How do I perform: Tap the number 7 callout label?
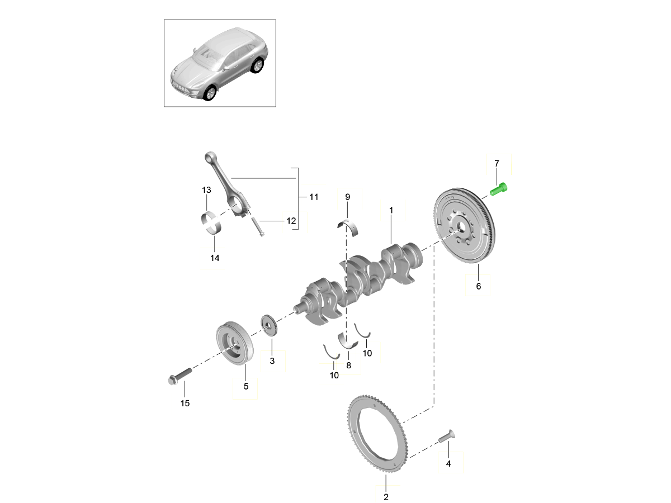click(496, 163)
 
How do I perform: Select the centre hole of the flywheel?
click(460, 226)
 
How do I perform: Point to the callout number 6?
click(478, 286)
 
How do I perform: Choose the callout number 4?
click(448, 463)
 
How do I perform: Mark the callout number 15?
click(185, 403)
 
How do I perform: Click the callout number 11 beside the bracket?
click(313, 197)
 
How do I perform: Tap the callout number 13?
click(206, 190)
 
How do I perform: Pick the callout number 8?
click(348, 366)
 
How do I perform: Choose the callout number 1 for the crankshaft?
click(391, 210)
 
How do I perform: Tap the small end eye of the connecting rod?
click(209, 158)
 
